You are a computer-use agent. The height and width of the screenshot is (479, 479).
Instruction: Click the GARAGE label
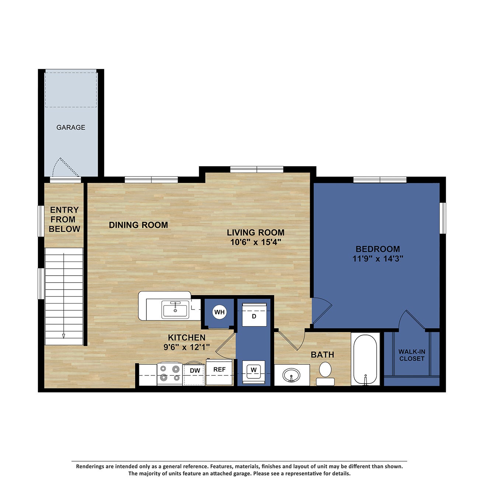71,127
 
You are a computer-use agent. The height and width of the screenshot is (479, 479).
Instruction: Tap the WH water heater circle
220,312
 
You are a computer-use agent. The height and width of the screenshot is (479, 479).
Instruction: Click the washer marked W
254,370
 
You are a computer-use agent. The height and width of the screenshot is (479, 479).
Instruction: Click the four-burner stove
170,373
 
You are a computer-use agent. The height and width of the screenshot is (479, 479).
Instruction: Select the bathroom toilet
325,372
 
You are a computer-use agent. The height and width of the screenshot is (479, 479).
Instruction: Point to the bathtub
365,359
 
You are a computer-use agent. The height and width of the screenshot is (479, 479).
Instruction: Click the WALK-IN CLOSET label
412,355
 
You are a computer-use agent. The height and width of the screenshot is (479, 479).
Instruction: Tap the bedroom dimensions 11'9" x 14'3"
378,259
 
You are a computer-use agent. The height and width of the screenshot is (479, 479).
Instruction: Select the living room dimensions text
255,242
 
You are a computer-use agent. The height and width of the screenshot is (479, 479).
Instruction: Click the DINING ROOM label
138,225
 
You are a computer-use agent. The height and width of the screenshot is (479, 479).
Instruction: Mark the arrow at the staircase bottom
63,335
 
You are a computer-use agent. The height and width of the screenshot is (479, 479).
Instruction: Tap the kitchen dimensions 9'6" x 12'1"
186,347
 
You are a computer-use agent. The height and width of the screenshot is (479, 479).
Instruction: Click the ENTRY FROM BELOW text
64,219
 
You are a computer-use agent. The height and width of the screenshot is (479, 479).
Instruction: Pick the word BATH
322,354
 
